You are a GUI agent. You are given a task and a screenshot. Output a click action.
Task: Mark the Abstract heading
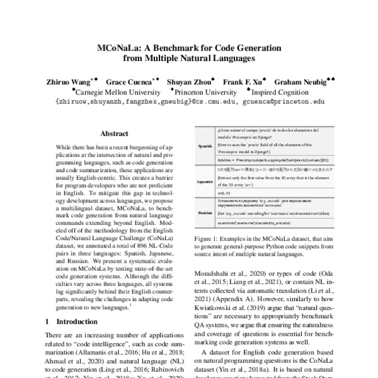[x=115, y=134]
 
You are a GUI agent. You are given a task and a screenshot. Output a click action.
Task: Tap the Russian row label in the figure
[x=205, y=213]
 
